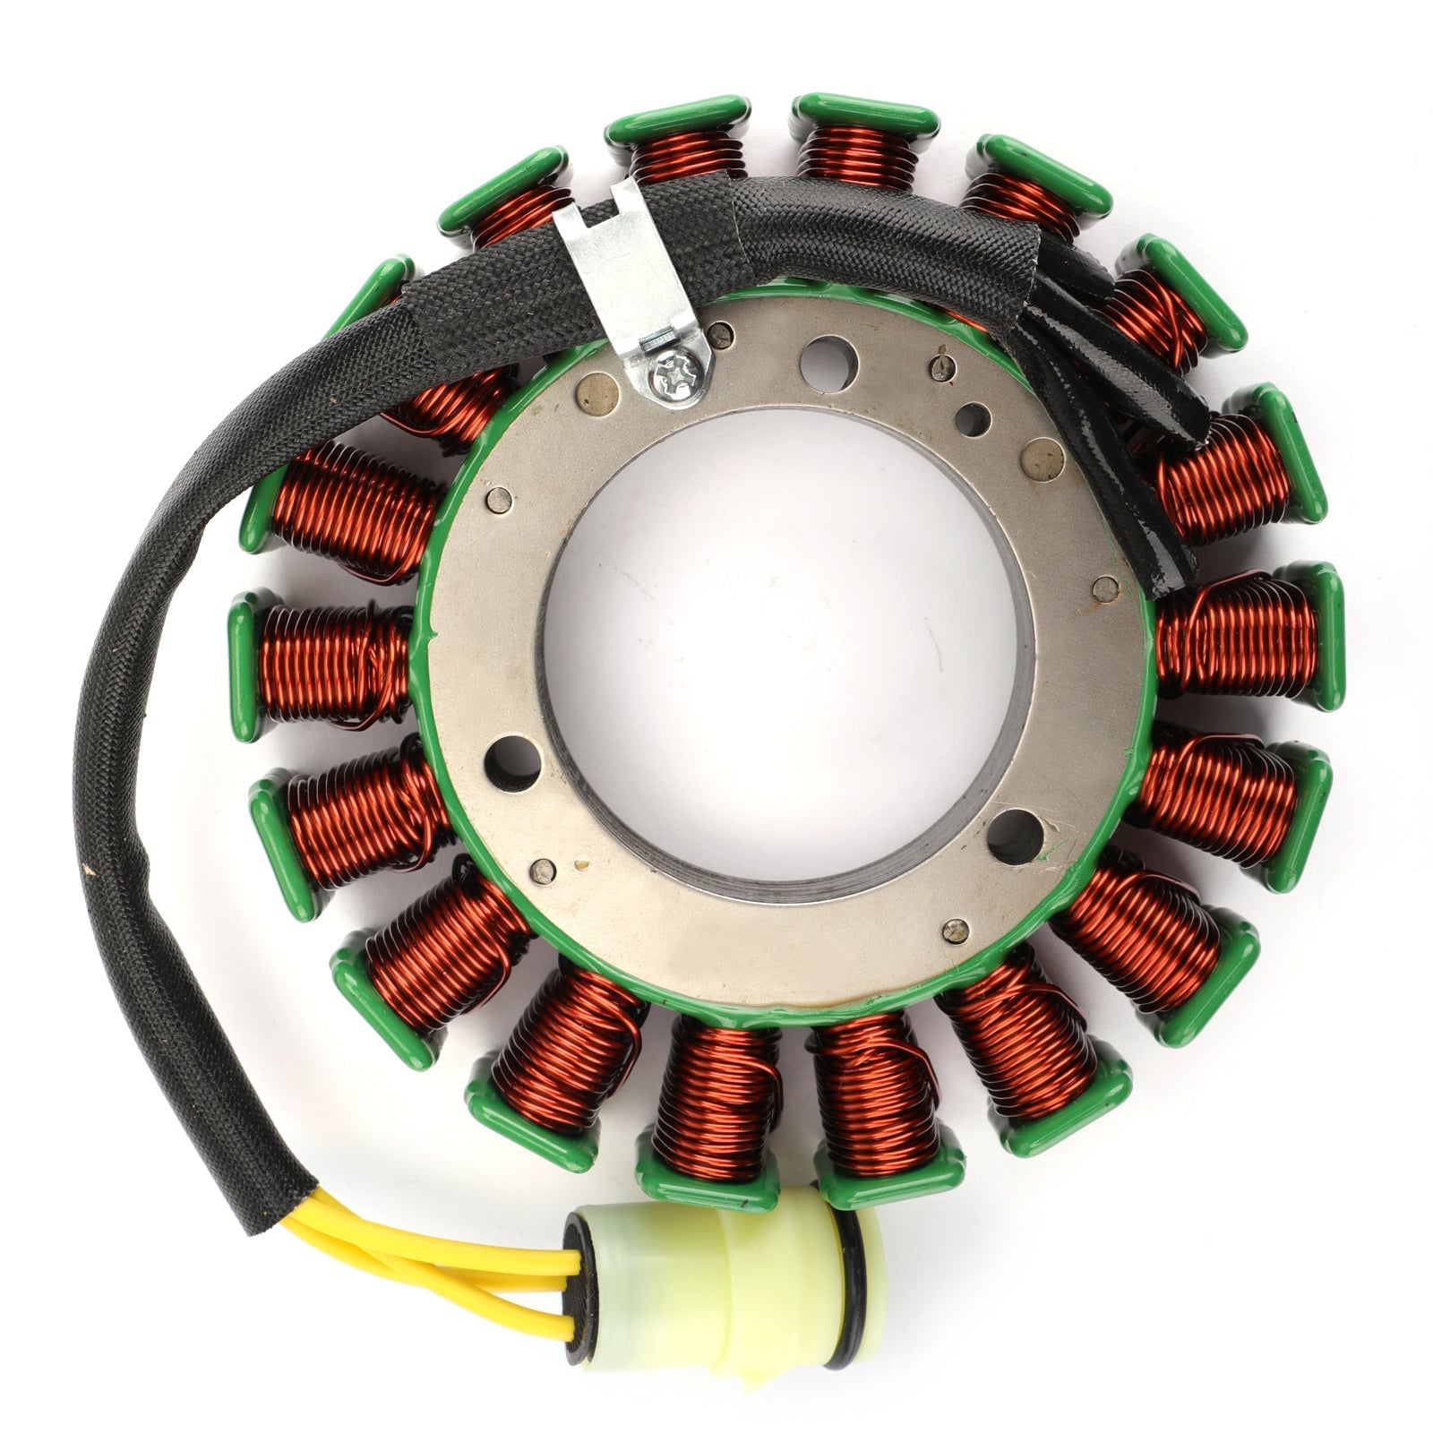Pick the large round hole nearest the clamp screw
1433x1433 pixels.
point(828,357)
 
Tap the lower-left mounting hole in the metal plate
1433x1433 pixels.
point(512,760)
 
